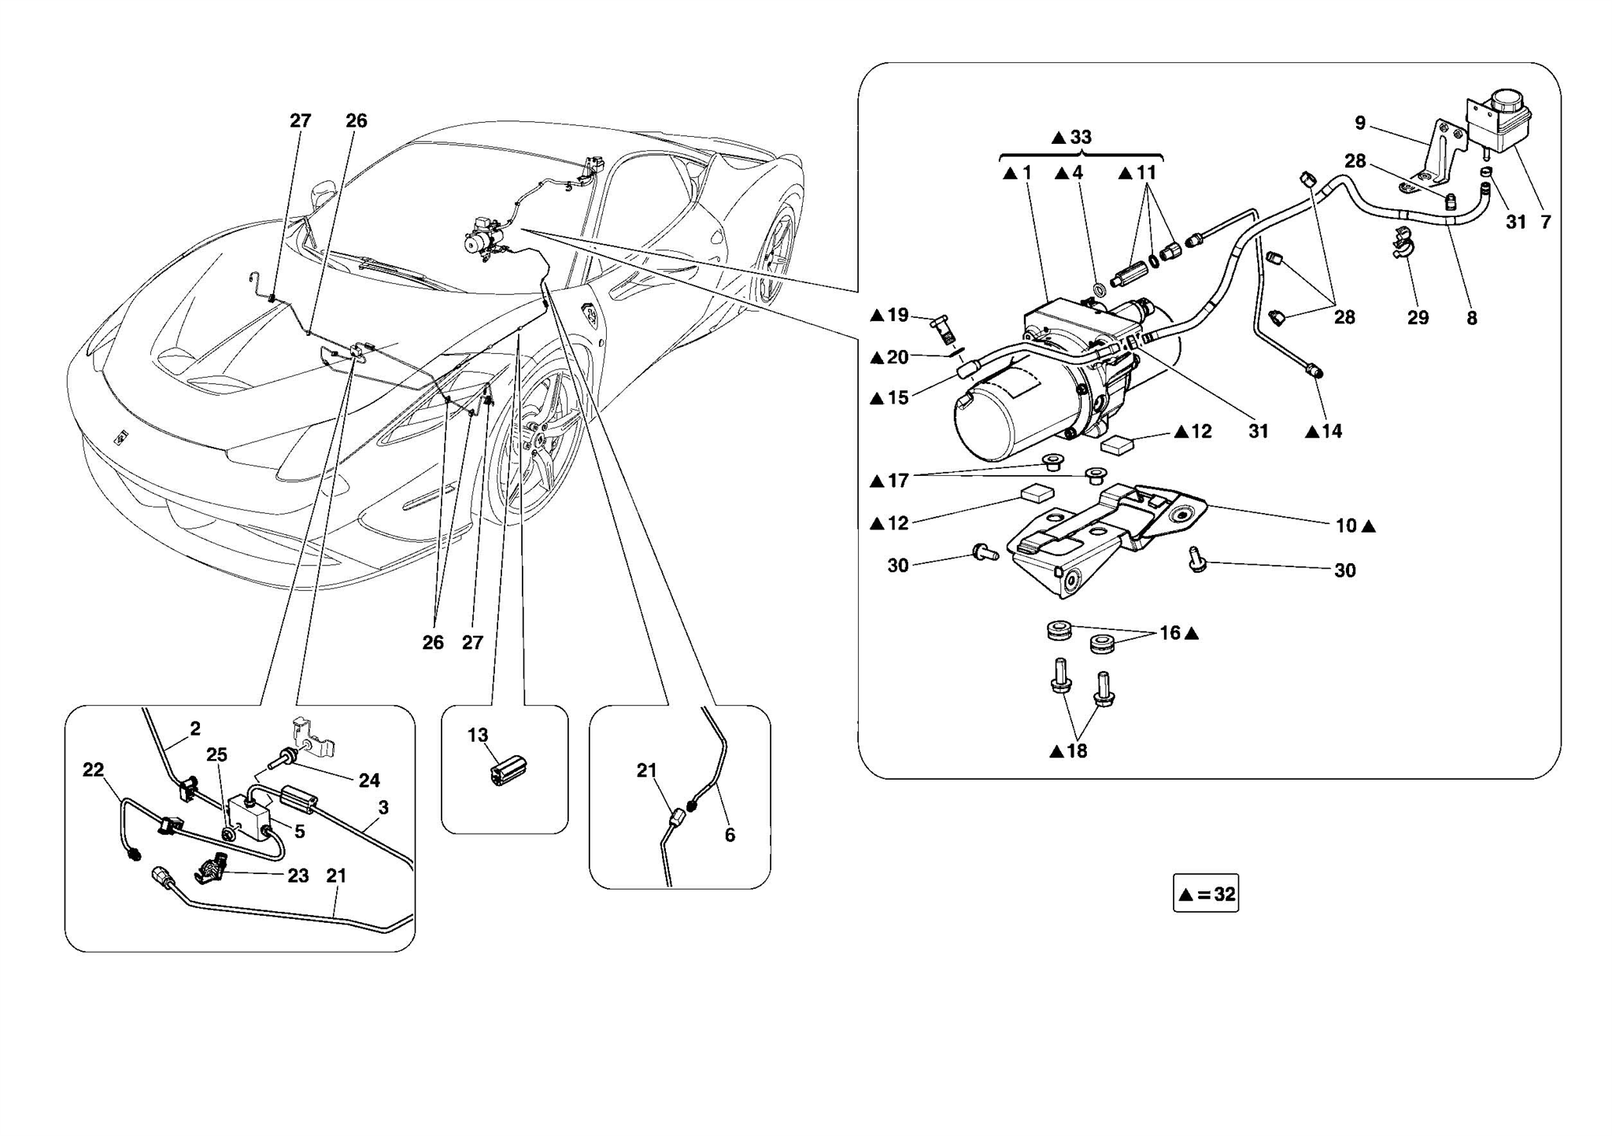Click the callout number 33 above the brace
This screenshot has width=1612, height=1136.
pyautogui.click(x=1081, y=137)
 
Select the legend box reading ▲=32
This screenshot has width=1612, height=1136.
pyautogui.click(x=1205, y=894)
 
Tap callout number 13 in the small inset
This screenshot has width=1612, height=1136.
pyautogui.click(x=478, y=735)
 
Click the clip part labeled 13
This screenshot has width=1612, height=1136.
pyautogui.click(x=508, y=769)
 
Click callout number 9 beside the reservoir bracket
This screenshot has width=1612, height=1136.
pyautogui.click(x=1360, y=123)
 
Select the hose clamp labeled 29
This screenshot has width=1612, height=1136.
pyautogui.click(x=1405, y=243)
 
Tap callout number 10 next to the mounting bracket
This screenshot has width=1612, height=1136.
pyautogui.click(x=1346, y=526)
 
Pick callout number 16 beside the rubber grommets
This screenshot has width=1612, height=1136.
pyautogui.click(x=1170, y=633)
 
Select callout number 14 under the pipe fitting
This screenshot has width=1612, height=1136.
pyautogui.click(x=1332, y=431)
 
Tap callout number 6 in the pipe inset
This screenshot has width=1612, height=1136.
pyautogui.click(x=730, y=835)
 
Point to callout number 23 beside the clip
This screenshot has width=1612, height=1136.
pyautogui.click(x=298, y=876)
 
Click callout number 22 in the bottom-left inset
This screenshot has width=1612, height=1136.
pyautogui.click(x=93, y=769)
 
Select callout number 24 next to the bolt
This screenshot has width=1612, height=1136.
pyautogui.click(x=369, y=780)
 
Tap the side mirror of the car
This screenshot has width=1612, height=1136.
pyautogui.click(x=324, y=193)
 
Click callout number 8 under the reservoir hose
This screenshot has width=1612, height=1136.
pyautogui.click(x=1471, y=318)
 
